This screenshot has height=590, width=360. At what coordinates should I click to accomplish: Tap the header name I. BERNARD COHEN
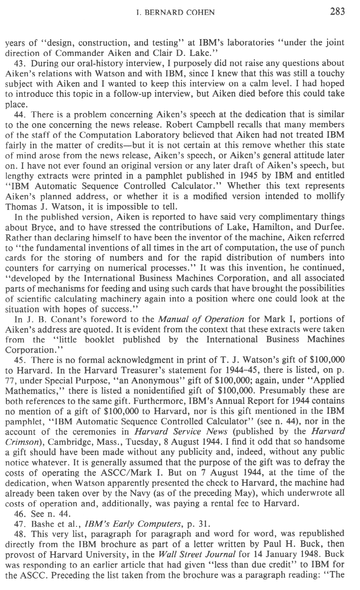[175, 13]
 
